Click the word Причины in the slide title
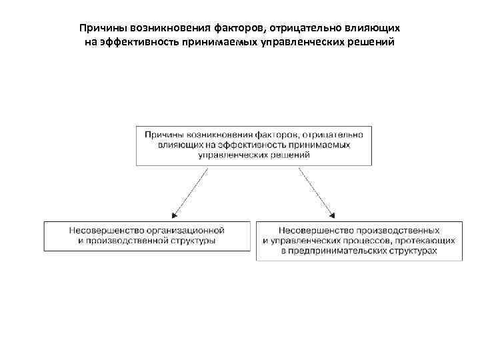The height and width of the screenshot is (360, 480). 100,29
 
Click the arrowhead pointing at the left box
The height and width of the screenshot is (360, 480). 173,215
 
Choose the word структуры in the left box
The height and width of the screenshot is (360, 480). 193,241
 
